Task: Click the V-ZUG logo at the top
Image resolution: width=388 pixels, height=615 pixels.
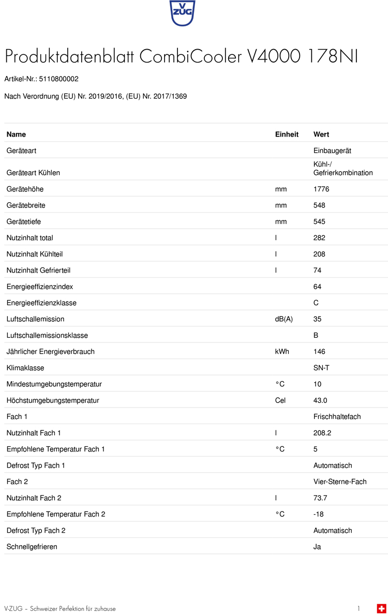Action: click(x=182, y=13)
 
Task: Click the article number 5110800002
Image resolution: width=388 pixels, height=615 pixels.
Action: click(x=59, y=79)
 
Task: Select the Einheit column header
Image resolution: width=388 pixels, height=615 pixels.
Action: click(x=287, y=134)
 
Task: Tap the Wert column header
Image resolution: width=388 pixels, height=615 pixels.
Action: click(x=321, y=134)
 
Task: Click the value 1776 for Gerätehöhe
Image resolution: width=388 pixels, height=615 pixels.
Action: click(x=321, y=189)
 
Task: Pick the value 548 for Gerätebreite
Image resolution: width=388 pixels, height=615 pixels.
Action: click(x=319, y=205)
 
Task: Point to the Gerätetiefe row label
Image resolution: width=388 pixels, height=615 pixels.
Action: click(x=24, y=222)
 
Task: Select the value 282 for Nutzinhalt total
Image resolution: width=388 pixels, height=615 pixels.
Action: click(x=319, y=238)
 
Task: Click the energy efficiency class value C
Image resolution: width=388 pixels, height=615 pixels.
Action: click(x=316, y=303)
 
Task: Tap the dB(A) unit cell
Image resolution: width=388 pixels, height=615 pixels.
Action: click(x=283, y=319)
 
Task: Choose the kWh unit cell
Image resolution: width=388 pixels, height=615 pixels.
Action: click(x=282, y=352)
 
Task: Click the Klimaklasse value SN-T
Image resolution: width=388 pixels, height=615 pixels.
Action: click(x=321, y=368)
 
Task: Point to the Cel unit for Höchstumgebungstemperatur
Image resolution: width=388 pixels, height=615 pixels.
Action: click(x=280, y=400)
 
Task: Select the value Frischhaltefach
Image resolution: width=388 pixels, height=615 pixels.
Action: click(x=337, y=416)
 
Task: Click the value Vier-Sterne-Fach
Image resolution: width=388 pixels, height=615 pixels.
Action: click(x=340, y=482)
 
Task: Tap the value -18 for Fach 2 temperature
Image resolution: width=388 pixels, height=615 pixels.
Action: click(x=318, y=514)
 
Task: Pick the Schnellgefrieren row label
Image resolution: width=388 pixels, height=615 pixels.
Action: click(x=32, y=547)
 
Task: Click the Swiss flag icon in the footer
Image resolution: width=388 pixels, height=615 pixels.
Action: click(x=381, y=608)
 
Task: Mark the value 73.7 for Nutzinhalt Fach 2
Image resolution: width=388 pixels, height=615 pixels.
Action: click(x=320, y=498)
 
